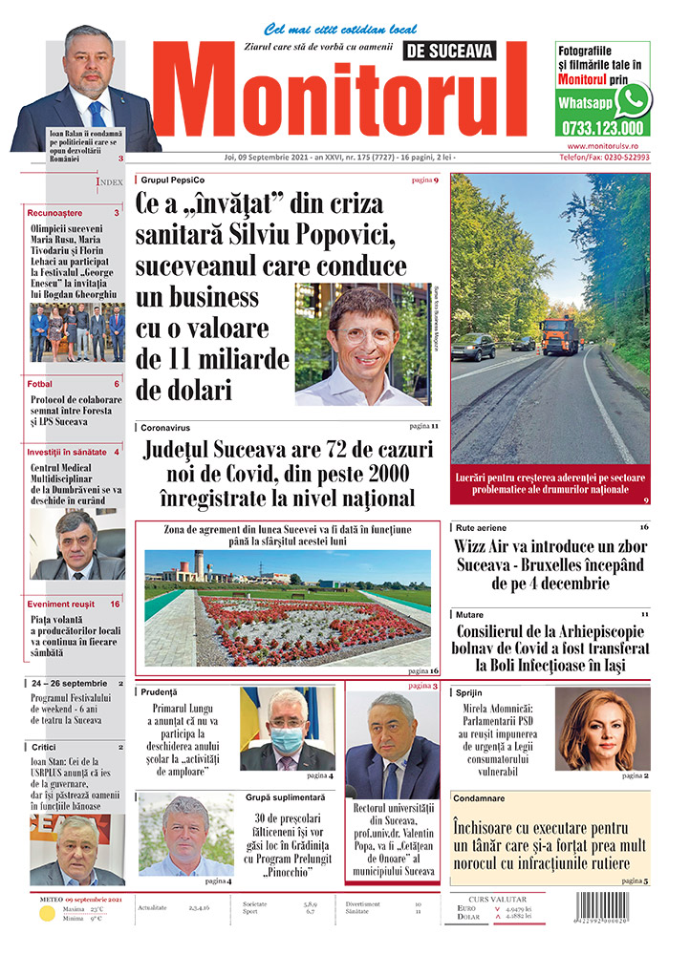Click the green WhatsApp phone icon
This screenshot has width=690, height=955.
[633, 99]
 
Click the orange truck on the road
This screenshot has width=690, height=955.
[558, 334]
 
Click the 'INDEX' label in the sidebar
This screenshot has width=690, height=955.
[110, 180]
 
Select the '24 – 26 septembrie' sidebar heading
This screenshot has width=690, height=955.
[68, 684]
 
